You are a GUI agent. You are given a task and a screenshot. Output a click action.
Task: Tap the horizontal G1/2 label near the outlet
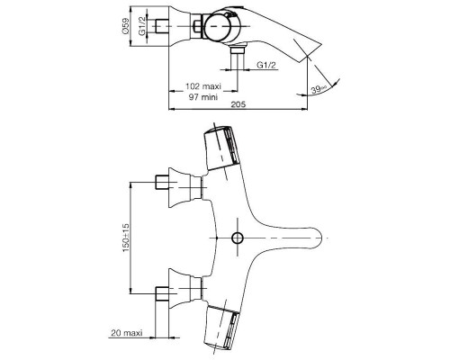(266, 66)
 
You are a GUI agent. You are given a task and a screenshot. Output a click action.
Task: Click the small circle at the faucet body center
(238, 238)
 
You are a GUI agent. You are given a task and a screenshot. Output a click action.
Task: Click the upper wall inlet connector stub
(165, 184)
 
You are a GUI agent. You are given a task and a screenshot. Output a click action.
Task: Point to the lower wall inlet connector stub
(165, 292)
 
